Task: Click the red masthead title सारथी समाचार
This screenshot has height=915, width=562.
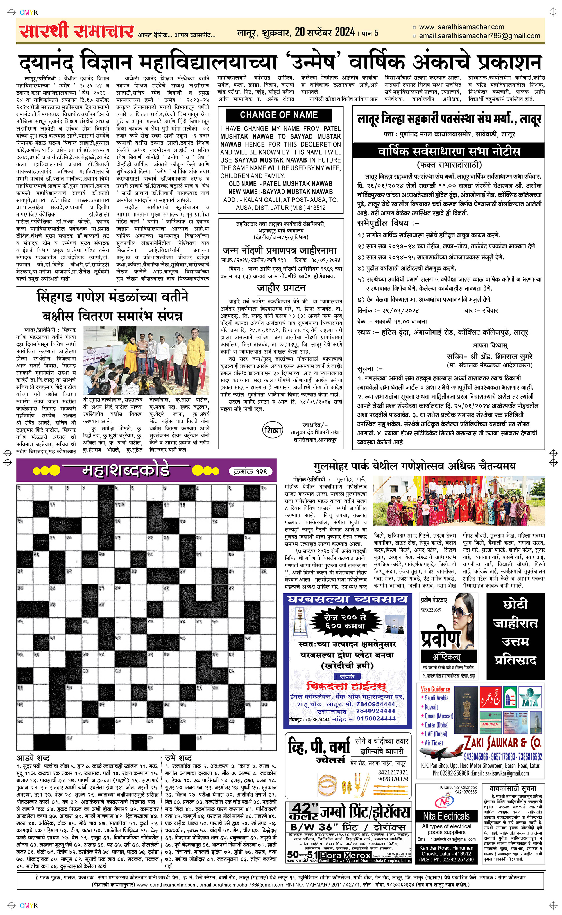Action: [76, 31]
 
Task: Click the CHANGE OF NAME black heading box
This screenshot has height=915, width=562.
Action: [279, 115]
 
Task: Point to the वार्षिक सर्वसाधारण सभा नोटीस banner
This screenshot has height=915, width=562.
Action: [449, 151]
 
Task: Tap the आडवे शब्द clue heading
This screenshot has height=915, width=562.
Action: [33, 758]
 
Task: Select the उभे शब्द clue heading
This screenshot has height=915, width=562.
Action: [178, 758]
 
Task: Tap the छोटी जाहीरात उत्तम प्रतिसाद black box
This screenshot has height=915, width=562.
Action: [515, 636]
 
